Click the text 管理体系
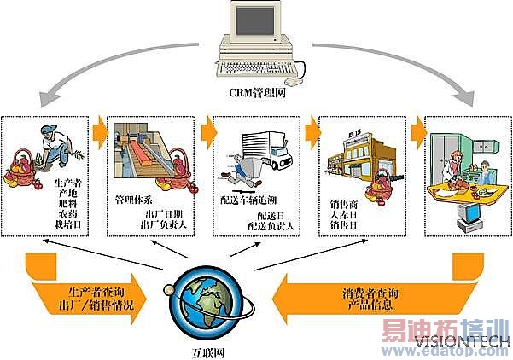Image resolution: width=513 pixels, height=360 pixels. (134, 200)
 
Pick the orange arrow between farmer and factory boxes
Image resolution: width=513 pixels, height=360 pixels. (101, 128)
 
